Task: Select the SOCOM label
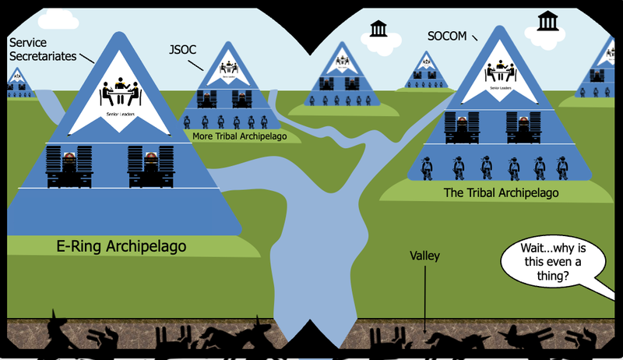(x=448, y=36)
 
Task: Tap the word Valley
(x=424, y=256)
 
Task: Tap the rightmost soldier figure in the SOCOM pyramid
(x=562, y=167)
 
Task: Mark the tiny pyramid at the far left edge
(x=17, y=79)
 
